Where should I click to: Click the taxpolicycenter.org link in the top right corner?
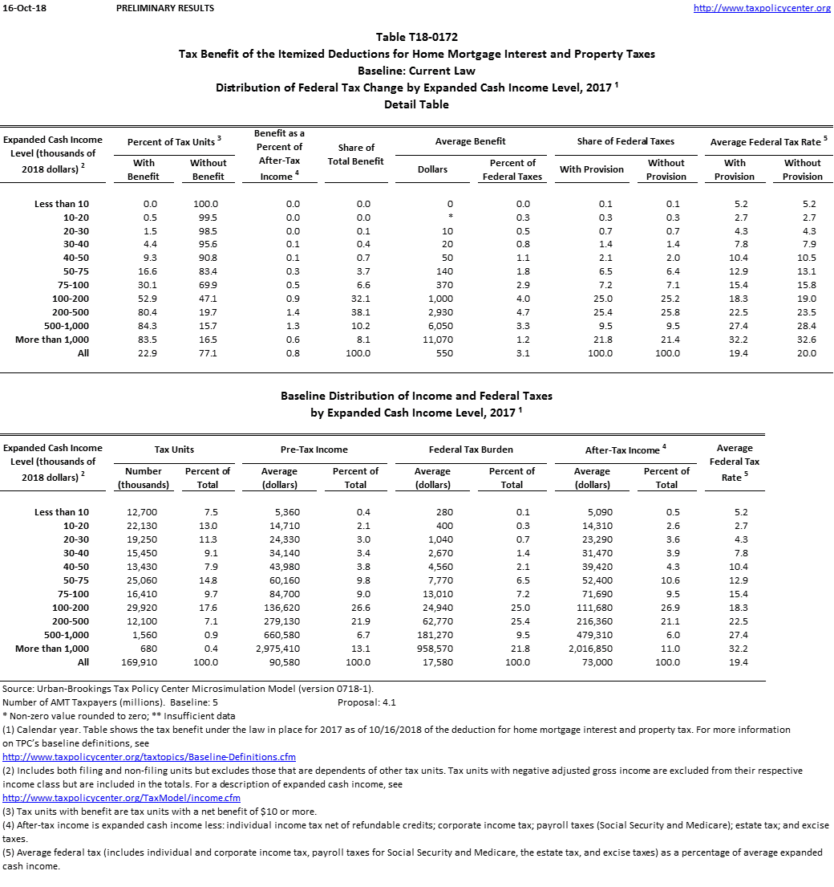point(762,8)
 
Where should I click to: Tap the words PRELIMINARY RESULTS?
point(164,8)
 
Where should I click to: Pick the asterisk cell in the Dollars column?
point(451,218)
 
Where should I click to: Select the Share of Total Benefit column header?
point(356,154)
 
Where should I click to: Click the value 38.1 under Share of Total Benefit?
point(362,312)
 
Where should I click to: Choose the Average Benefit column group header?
point(470,141)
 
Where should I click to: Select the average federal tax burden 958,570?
point(433,649)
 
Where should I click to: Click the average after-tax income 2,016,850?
point(592,649)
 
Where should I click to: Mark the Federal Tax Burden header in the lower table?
point(471,450)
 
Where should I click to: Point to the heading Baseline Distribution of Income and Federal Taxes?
point(416,396)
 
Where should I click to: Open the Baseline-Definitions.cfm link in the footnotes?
point(149,757)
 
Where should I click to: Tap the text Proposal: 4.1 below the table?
point(367,702)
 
